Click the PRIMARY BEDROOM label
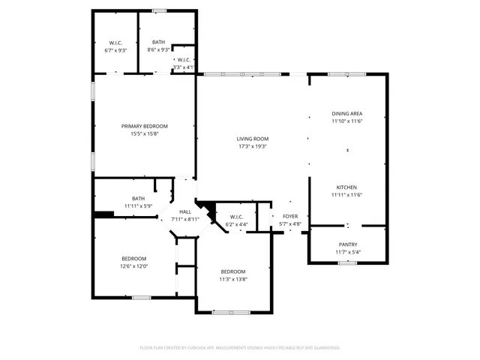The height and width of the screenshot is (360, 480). (x=145, y=126)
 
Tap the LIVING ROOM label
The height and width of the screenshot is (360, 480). (x=252, y=139)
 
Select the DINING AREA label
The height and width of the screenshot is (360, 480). (x=347, y=113)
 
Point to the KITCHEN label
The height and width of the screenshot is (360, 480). (x=346, y=187)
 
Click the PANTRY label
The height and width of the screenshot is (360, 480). (x=347, y=244)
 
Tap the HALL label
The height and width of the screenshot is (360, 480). (x=185, y=212)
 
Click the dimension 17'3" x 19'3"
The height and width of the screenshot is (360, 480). (x=252, y=146)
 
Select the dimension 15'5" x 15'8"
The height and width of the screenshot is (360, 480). (x=145, y=133)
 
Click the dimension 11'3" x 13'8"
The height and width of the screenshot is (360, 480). (x=232, y=279)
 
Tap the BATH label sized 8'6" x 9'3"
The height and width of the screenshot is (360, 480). (x=158, y=43)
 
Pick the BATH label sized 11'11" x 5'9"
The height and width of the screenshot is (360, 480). (x=138, y=199)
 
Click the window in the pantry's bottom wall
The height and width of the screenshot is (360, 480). (x=347, y=262)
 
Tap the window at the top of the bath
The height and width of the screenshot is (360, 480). (x=159, y=10)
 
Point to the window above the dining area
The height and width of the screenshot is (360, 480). (x=347, y=73)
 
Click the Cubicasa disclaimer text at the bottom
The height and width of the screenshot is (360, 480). (x=239, y=348)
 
